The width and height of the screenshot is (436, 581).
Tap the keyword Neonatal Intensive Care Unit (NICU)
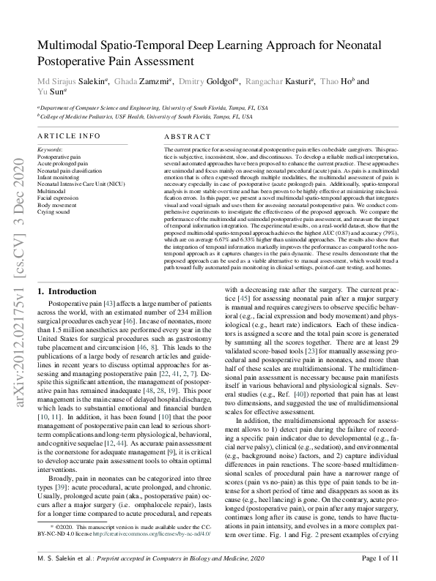(x=81, y=181)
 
